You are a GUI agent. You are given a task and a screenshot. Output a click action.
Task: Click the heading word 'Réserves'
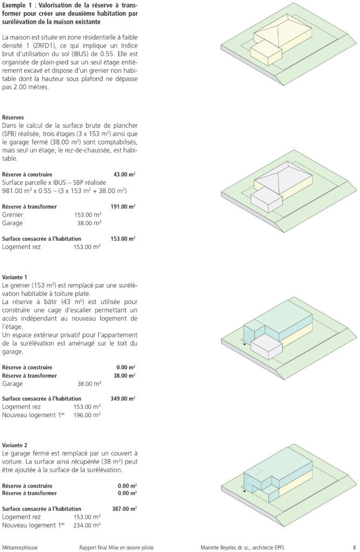(x=13, y=117)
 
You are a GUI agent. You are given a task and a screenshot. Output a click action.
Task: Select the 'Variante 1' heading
(x=15, y=277)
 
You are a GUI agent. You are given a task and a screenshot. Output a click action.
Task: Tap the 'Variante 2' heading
(x=15, y=445)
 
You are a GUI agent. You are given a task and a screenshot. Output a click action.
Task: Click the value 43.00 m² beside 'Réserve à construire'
(x=124, y=175)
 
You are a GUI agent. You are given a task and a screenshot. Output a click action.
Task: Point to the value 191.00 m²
(x=122, y=206)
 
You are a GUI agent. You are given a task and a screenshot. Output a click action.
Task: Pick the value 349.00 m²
(x=122, y=398)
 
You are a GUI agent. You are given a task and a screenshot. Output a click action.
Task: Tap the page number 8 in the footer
(x=354, y=547)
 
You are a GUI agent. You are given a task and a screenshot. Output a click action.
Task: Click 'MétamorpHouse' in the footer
(x=20, y=547)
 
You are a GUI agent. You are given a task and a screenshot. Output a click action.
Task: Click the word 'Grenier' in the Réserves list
(x=12, y=215)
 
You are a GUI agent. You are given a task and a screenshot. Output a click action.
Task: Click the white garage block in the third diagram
(x=267, y=347)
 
